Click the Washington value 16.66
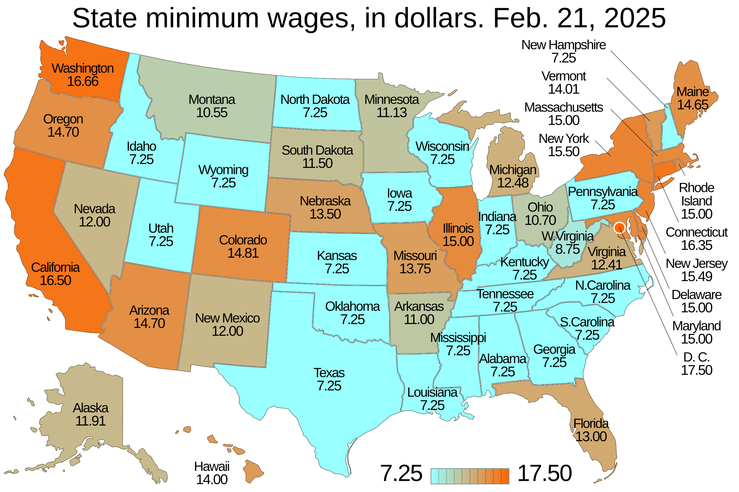coord(83,82)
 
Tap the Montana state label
coord(212,100)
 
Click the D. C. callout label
coord(696,357)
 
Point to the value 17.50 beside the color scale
coord(544,474)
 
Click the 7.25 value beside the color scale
coord(401,474)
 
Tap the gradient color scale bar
coord(470,476)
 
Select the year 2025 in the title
coord(635,18)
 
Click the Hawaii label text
coord(212,467)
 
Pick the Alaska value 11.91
coord(90,421)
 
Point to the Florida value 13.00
coord(591,437)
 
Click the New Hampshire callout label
coord(563,45)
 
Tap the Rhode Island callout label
coord(696,195)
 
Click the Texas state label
coord(329,373)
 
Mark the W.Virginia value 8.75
coord(568,249)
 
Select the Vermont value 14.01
coord(563,89)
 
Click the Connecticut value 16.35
coord(696,245)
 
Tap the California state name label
coord(55,268)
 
